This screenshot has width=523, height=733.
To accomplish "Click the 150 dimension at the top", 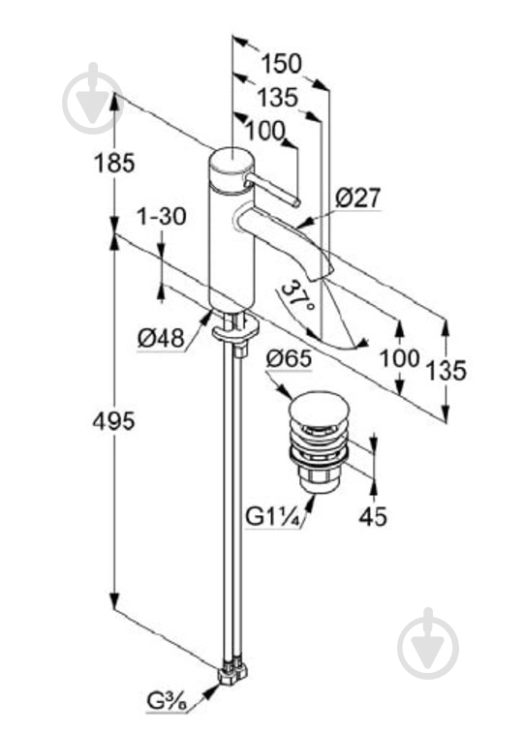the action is pyautogui.click(x=282, y=63).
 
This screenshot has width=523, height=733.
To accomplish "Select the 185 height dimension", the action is pyautogui.click(x=114, y=163).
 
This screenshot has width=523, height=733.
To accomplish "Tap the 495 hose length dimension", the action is pyautogui.click(x=113, y=421).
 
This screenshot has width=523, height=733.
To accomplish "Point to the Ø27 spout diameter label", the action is pyautogui.click(x=358, y=198).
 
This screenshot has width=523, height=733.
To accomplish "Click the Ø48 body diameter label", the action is pyautogui.click(x=161, y=338).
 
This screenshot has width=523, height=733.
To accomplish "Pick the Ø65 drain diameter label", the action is pyautogui.click(x=289, y=359).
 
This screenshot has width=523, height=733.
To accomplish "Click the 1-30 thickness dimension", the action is pyautogui.click(x=161, y=216).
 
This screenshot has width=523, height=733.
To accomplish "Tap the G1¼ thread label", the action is pyautogui.click(x=273, y=517).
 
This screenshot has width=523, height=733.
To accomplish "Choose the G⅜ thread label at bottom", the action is pyautogui.click(x=166, y=714).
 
